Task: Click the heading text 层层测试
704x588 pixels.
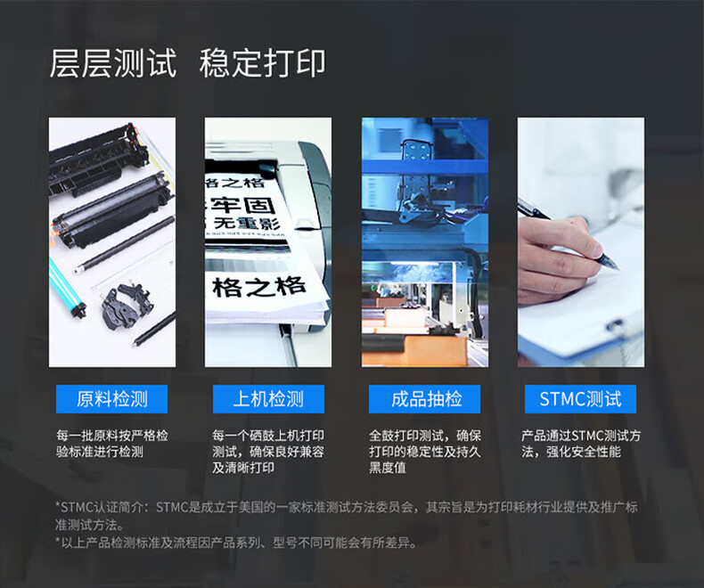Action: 112,63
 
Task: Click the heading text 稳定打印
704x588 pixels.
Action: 263,63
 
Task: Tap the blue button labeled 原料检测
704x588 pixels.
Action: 111,399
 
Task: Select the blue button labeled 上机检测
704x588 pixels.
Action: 268,399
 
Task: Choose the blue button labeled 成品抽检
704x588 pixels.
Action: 425,399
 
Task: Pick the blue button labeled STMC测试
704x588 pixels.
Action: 580,399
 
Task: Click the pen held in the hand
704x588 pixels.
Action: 568,233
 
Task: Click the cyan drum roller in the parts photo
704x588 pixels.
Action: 67,287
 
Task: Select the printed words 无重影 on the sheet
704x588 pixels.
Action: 246,223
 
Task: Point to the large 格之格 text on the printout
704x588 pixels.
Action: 259,286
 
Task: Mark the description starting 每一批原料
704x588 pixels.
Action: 111,444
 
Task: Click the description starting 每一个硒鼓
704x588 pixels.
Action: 268,452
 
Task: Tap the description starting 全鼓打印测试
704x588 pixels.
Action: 425,452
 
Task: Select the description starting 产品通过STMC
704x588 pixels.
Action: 581,444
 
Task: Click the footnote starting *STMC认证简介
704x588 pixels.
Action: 346,516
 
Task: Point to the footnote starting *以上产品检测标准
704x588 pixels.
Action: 236,543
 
